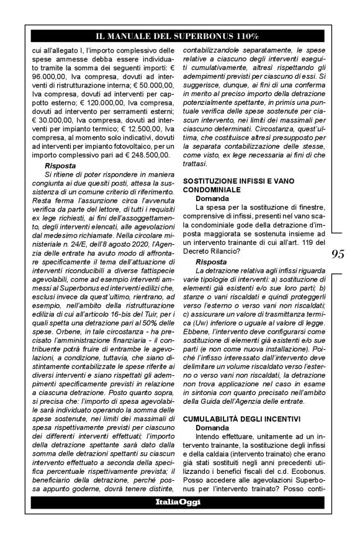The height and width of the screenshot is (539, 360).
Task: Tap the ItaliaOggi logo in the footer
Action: click(x=179, y=502)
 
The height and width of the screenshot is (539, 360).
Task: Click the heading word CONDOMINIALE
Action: click(x=212, y=189)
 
